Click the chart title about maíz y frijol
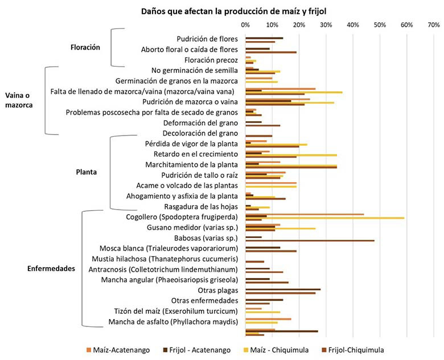(234, 11)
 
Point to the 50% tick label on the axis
(380, 25)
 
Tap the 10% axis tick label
(272, 25)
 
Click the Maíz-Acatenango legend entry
(118, 350)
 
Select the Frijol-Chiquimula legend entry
(353, 350)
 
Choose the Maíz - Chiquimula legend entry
(276, 350)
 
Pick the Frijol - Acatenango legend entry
(196, 350)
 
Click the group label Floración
(85, 47)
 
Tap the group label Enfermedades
(51, 268)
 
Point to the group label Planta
(87, 172)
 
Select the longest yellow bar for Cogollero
(325, 218)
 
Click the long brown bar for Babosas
(310, 240)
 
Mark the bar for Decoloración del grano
(259, 136)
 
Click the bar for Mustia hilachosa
(255, 261)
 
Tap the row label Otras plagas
(218, 291)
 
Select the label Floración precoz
(211, 60)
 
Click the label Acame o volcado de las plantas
(187, 185)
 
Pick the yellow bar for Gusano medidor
(280, 228)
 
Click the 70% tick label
(434, 25)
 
